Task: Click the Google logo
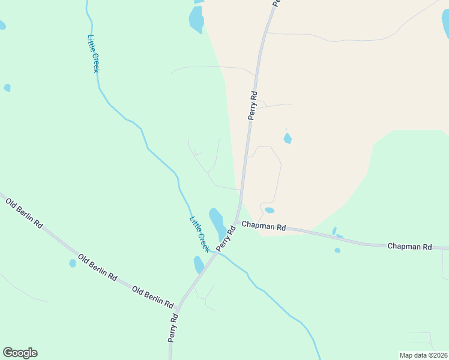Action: [x=20, y=353]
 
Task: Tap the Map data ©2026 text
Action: [x=423, y=355]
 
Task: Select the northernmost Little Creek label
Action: [x=93, y=54]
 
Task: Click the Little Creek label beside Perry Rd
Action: [x=199, y=233]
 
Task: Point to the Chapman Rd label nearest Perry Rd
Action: [x=264, y=226]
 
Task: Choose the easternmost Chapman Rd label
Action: [x=409, y=247]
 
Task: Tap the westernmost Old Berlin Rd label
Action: [x=25, y=212]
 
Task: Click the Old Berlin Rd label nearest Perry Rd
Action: [x=152, y=296]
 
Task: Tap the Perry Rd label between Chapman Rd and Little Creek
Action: [x=223, y=238]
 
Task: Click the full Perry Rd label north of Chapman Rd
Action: [x=253, y=105]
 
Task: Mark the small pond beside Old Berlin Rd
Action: [x=73, y=263]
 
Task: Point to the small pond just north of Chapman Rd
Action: [x=270, y=211]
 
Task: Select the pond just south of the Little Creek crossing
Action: [x=199, y=265]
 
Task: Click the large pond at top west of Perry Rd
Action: [x=196, y=19]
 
